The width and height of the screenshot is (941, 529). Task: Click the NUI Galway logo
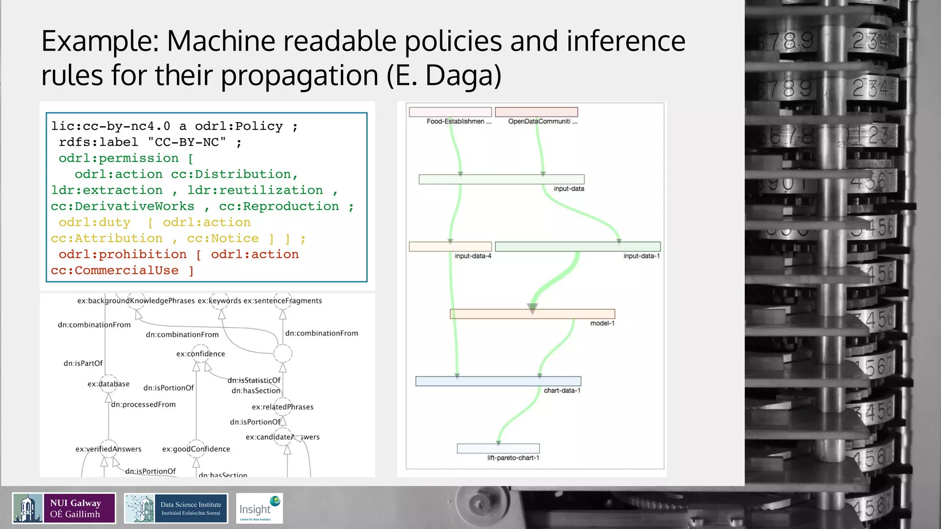pos(64,508)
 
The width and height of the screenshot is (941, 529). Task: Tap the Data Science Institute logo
pos(176,508)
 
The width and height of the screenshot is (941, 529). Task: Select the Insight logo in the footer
pos(259,508)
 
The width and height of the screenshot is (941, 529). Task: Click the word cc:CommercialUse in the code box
pos(114,270)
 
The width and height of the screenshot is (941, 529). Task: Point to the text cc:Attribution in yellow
pos(107,238)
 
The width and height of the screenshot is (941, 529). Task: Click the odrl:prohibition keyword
pos(123,254)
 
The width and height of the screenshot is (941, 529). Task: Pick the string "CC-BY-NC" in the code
pos(187,142)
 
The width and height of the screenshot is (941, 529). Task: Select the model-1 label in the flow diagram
pos(602,323)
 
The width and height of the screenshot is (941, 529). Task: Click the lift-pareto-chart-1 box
pos(498,448)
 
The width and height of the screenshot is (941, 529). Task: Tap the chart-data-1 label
pos(562,391)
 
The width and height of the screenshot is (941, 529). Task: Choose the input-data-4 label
pos(473,256)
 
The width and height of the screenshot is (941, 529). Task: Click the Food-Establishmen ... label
pos(459,122)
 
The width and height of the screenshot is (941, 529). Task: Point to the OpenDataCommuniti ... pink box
pos(536,112)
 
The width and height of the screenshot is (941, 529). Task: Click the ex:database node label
pos(108,384)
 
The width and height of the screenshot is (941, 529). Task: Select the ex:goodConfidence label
pos(196,449)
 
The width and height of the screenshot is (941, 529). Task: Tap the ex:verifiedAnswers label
pos(108,449)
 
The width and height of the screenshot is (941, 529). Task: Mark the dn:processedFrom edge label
pos(143,405)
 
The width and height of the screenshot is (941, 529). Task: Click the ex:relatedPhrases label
pos(283,407)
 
